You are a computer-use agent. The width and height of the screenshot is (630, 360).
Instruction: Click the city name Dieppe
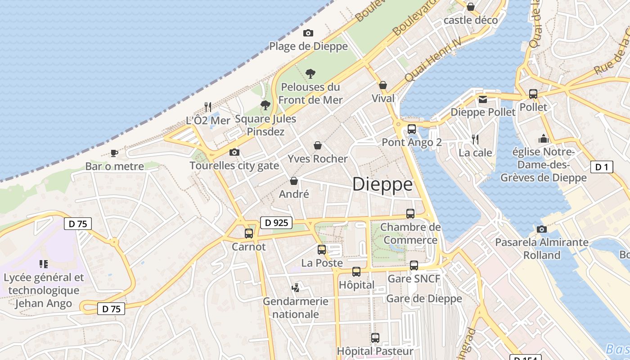382,184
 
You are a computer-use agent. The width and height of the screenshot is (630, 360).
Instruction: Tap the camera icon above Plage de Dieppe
308,33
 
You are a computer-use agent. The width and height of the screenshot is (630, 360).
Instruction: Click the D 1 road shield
602,167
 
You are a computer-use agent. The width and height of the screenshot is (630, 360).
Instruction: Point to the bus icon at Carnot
249,234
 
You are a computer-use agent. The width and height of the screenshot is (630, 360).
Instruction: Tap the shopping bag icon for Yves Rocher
318,145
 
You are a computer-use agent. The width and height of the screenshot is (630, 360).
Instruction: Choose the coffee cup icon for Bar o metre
114,153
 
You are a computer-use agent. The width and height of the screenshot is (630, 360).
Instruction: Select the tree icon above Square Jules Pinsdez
265,105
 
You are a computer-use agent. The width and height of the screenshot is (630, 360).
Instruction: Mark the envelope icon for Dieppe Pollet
483,99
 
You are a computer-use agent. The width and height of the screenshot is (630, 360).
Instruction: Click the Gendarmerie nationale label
296,307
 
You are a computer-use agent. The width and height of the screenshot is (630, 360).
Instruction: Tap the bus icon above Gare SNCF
414,265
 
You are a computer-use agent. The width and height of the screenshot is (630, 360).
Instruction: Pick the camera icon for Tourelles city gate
234,152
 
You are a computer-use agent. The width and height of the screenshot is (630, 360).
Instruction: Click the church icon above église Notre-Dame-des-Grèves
544,139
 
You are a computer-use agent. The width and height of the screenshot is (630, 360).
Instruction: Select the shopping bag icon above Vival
383,85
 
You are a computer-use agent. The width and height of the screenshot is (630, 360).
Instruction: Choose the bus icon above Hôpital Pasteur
375,337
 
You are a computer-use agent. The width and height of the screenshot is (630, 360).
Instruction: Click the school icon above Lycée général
44,264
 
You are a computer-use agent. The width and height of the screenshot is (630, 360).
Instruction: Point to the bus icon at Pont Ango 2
412,129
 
